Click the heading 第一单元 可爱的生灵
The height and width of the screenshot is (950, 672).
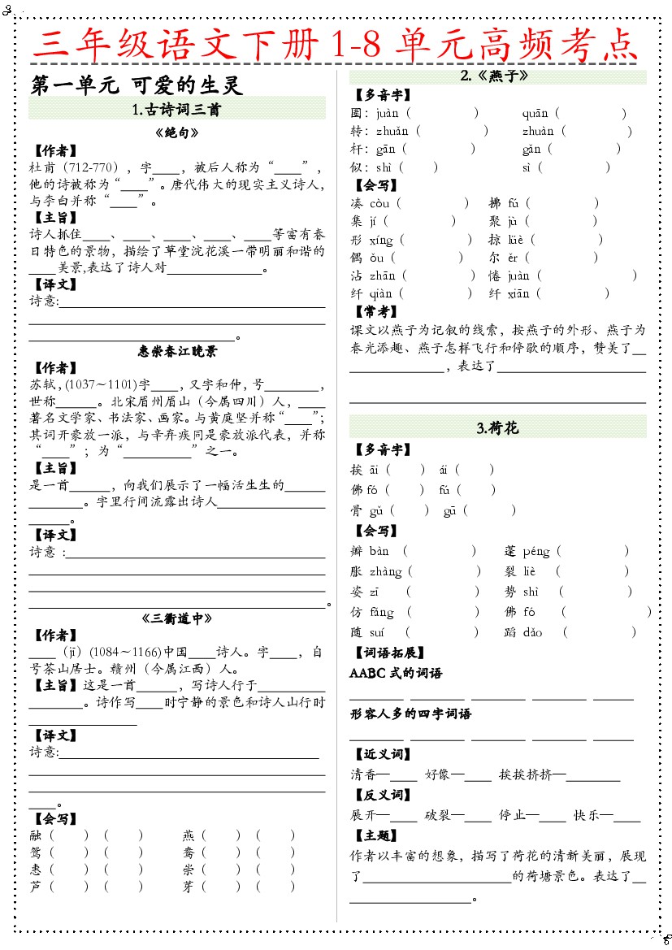(x=137, y=85)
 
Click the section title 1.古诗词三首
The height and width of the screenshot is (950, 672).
(x=176, y=109)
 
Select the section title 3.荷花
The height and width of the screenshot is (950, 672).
(x=497, y=427)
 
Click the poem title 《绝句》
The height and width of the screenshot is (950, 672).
(x=176, y=132)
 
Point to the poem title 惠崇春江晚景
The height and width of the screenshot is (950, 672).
(x=177, y=351)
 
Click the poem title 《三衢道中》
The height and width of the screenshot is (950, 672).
(x=176, y=618)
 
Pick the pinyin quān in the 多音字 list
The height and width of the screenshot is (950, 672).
(x=535, y=114)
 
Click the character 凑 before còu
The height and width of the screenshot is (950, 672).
(x=357, y=203)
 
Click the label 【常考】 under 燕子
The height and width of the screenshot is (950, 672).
(x=375, y=311)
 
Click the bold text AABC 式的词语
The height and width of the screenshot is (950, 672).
(x=396, y=673)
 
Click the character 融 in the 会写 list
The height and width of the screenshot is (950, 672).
(x=35, y=835)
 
